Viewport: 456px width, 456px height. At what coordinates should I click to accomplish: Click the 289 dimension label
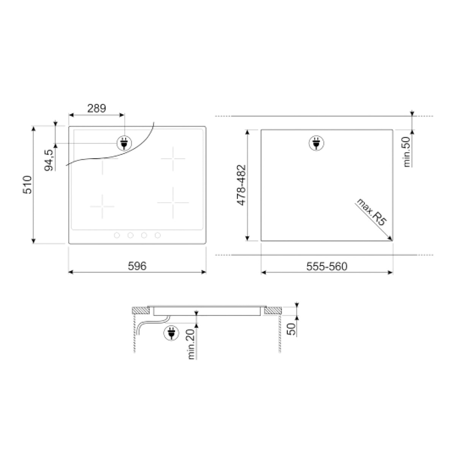pyautogui.click(x=97, y=109)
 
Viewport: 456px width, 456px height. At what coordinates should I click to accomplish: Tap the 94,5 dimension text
pyautogui.click(x=49, y=160)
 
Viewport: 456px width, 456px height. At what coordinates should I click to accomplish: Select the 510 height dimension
pyautogui.click(x=27, y=185)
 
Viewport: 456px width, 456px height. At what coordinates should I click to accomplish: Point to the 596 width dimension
pyautogui.click(x=137, y=266)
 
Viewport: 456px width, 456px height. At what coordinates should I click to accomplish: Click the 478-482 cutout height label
pyautogui.click(x=242, y=185)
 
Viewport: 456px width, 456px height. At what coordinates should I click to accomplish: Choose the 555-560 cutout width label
pyautogui.click(x=327, y=267)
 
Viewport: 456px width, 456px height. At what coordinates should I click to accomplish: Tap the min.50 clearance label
pyautogui.click(x=407, y=152)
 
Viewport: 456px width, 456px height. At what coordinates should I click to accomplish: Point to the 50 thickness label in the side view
pyautogui.click(x=291, y=329)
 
